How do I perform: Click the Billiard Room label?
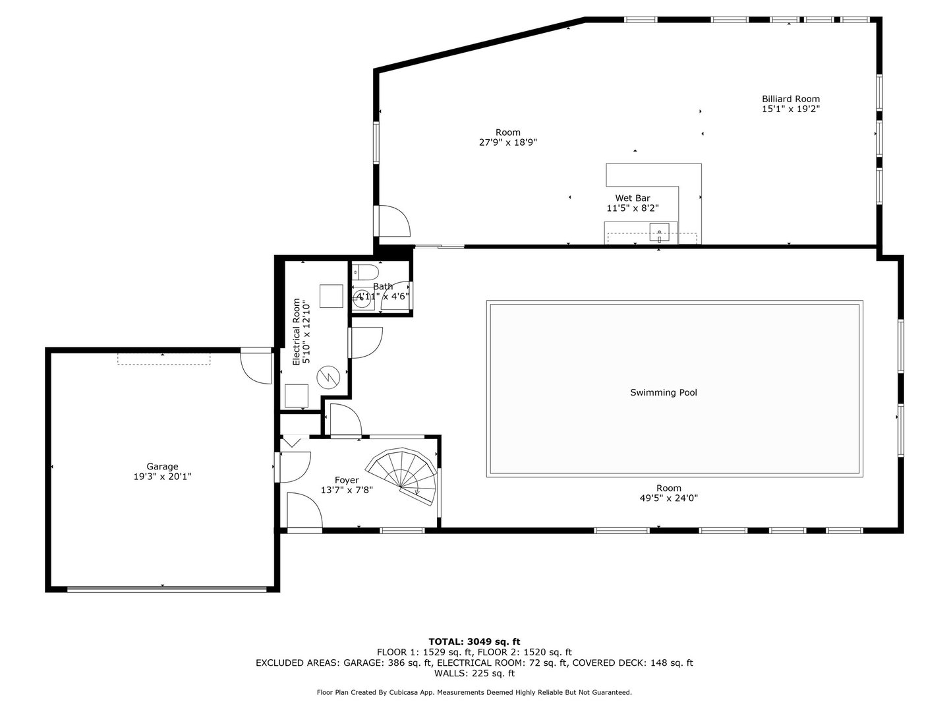[790, 99]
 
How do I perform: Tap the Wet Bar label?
[633, 198]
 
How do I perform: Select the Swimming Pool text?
[663, 392]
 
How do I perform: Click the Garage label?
[162, 467]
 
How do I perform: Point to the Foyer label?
[347, 480]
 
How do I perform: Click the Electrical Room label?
[296, 332]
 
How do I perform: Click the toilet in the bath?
[365, 272]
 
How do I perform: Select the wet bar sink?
[659, 232]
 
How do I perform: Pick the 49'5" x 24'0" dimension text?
[668, 498]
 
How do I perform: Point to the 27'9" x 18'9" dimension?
[507, 142]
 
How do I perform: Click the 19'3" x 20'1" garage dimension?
[162, 477]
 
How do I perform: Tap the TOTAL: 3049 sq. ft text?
[474, 641]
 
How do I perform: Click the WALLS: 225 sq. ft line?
[474, 673]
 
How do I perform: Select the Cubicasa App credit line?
[474, 692]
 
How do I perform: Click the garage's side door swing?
[256, 368]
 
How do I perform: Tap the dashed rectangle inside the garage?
[164, 359]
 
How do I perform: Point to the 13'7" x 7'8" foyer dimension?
[347, 490]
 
